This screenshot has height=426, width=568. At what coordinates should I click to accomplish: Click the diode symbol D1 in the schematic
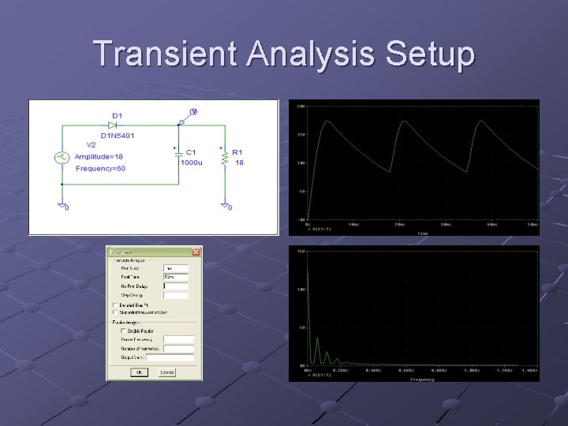[113, 125]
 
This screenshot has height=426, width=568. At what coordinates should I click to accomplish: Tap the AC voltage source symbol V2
[62, 158]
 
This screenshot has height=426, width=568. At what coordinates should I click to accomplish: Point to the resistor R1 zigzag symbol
[226, 158]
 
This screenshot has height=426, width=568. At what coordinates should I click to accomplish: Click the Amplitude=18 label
[99, 156]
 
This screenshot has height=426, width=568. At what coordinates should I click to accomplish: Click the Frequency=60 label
[100, 169]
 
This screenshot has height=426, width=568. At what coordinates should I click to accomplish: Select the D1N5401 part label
[118, 136]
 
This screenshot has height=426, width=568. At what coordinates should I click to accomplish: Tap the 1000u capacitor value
[191, 162]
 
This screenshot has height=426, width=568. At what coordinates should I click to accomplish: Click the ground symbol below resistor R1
[226, 206]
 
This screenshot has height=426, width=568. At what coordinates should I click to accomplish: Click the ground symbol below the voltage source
[62, 206]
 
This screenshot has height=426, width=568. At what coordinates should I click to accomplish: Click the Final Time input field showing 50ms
[175, 278]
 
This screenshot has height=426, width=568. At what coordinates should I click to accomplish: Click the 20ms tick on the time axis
[398, 223]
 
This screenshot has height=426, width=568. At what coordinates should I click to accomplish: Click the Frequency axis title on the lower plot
[422, 379]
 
